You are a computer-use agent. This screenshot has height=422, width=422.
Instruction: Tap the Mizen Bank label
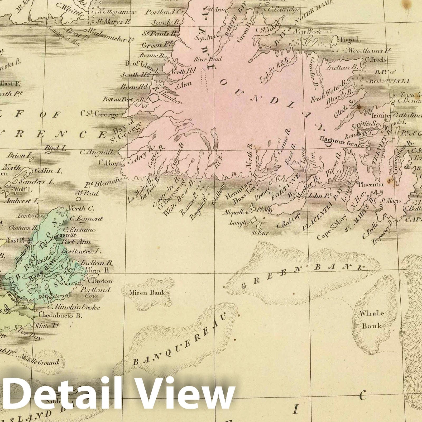147,292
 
